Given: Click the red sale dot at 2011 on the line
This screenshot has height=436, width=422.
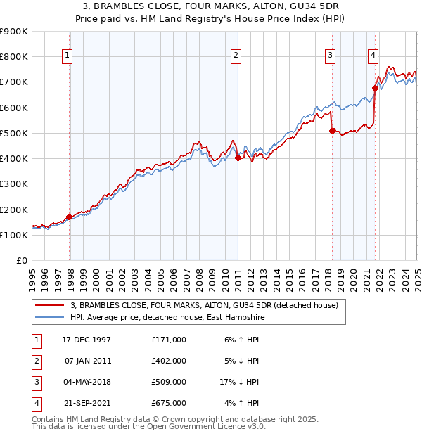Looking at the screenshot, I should coord(238,158).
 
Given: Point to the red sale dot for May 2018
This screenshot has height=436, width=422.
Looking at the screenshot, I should coord(331,131).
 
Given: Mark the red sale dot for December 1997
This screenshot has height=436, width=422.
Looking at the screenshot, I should coord(70,217).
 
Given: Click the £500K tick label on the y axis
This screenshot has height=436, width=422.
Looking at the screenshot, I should coord(14,133).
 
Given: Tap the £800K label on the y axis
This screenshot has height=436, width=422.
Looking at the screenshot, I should coord(14,56).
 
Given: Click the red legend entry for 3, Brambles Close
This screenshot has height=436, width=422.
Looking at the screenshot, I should coord(204,305).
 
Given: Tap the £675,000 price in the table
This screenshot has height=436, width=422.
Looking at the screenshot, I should coord(169,403).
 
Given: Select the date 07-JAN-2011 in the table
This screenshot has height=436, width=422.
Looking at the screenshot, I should coord(88,361).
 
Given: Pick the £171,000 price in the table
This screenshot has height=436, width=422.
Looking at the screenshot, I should coord(169,340).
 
